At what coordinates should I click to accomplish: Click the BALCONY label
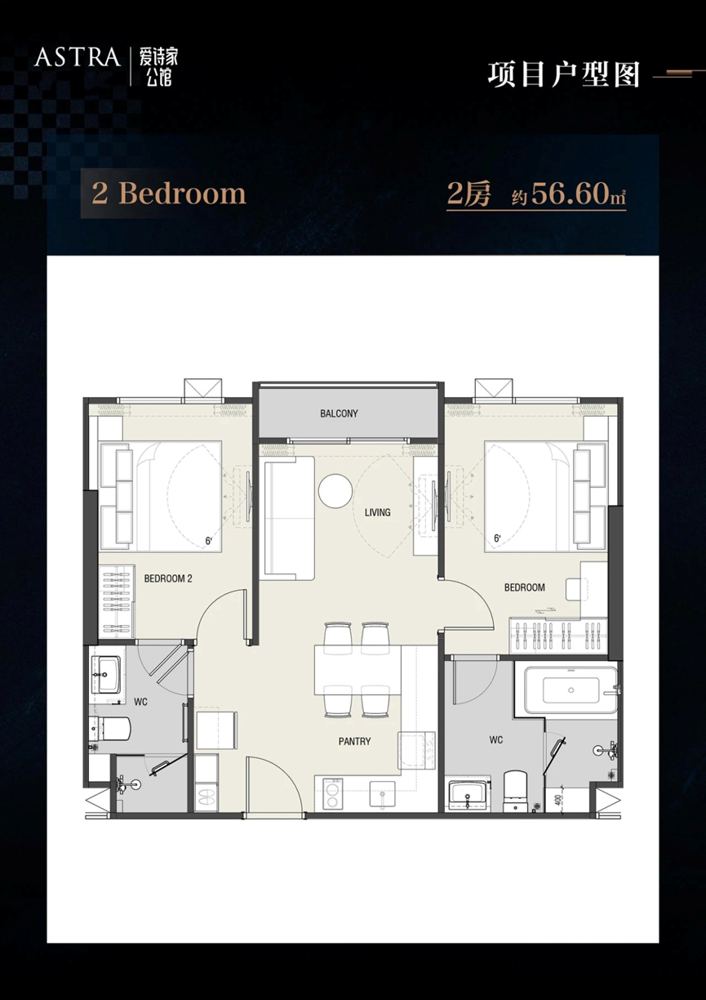click(339, 413)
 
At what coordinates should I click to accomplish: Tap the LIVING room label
click(377, 512)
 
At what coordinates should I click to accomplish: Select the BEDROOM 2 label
click(168, 578)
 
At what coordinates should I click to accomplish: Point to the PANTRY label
click(354, 742)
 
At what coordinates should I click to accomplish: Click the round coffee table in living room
click(335, 491)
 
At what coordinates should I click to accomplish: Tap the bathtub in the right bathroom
click(571, 690)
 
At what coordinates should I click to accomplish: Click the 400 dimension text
click(559, 799)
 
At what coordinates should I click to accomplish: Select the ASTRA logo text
click(78, 57)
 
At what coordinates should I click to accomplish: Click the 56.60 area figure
click(571, 194)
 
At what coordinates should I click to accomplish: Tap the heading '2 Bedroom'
click(169, 194)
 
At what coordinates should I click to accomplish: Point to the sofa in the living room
click(290, 518)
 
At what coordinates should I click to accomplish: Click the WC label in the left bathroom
click(140, 703)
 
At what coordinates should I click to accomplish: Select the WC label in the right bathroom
click(496, 740)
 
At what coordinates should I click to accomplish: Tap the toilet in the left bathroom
click(109, 728)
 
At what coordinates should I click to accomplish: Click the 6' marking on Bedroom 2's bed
click(208, 541)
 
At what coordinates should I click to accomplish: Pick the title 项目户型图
click(564, 74)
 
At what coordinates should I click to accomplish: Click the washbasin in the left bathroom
click(106, 674)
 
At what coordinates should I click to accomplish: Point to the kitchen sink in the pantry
click(383, 794)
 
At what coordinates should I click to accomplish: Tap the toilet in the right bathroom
click(515, 791)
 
